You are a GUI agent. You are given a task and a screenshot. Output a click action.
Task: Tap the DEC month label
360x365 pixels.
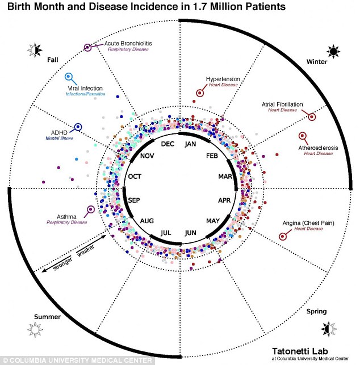tap(168, 144)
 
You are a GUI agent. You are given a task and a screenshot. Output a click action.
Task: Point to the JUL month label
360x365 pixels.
tap(166, 232)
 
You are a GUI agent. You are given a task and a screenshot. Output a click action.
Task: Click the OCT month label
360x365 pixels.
tap(135, 177)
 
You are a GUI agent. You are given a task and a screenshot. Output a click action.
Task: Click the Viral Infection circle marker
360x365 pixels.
tap(69, 77)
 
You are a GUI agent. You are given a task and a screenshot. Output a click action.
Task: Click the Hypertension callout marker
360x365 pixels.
tap(200, 92)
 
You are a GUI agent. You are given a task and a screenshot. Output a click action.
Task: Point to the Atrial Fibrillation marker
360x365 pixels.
tap(312, 116)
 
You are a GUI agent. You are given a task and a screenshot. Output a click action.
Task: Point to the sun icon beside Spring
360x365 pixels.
tap(328, 328)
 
